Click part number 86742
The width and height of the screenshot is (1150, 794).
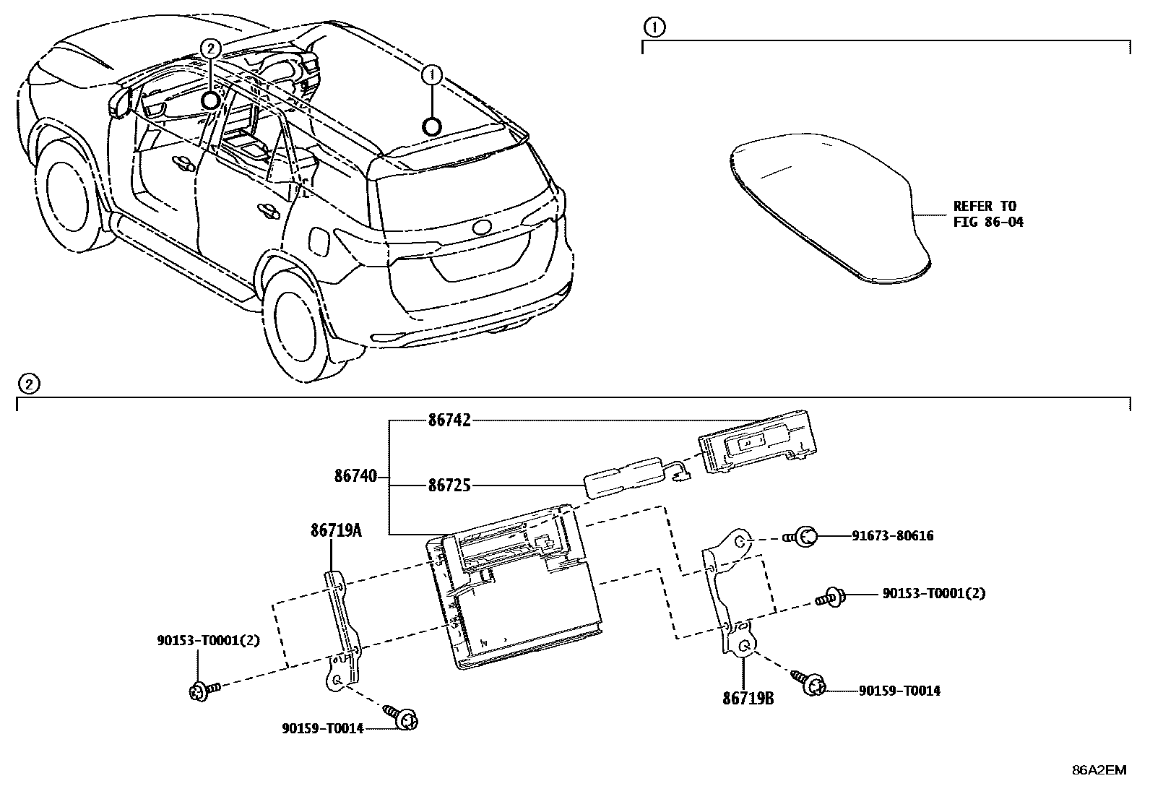coord(449,420)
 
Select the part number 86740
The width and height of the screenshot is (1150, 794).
coord(355,476)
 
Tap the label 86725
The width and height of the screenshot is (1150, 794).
coord(449,486)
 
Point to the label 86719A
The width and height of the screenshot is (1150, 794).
coord(335,530)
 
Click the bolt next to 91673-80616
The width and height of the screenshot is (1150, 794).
coord(803,536)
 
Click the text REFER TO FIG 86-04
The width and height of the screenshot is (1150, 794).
coord(987,214)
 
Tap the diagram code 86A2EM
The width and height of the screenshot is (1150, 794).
coord(1098,770)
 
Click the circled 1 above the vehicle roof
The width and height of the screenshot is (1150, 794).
coord(431,74)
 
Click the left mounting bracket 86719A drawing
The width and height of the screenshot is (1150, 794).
coord(342,629)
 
